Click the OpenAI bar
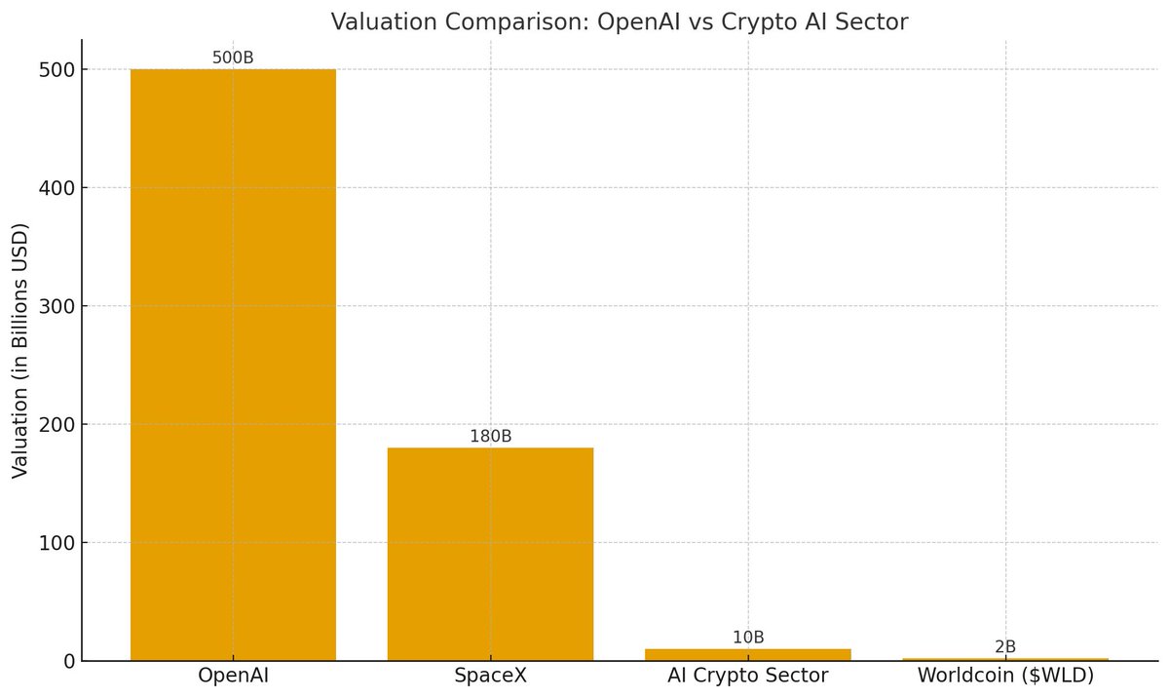[x=233, y=365]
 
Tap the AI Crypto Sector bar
[x=748, y=654]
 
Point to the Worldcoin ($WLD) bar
[x=1005, y=659]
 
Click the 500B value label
[x=233, y=58]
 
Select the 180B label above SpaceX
[x=490, y=436]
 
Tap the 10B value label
[x=748, y=638]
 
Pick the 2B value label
[x=1005, y=646]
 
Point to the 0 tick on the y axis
[x=68, y=661]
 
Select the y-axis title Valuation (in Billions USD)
[x=20, y=351]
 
